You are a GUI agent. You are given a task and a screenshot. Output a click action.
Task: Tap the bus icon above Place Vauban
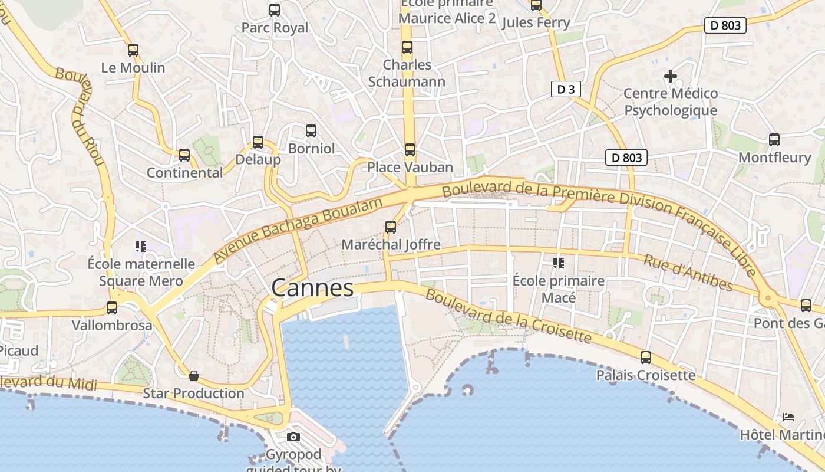[x=410, y=150]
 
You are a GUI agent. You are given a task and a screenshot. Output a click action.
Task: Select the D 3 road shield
[x=566, y=89]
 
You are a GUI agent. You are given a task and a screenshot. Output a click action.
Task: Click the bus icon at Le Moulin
[x=133, y=50]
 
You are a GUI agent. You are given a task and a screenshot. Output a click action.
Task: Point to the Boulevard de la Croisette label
[x=508, y=316]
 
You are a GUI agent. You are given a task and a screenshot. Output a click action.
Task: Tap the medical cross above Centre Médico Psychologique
[x=670, y=76]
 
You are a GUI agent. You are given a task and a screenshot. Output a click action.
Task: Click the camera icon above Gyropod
[x=293, y=437]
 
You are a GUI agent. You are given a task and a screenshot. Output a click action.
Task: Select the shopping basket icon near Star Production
[x=193, y=376]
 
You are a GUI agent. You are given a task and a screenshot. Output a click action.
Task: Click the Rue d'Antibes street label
[x=688, y=273]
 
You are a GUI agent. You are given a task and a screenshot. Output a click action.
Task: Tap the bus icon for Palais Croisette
[x=646, y=358]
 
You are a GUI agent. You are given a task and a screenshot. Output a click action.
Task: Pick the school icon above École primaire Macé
[x=558, y=263]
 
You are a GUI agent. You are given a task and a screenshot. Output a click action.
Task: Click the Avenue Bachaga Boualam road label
[x=299, y=231]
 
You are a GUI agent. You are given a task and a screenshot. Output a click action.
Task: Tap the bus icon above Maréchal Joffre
[x=390, y=227]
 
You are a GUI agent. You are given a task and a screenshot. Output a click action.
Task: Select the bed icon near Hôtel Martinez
[x=788, y=417]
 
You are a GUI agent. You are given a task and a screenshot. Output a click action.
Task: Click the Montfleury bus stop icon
[x=774, y=140]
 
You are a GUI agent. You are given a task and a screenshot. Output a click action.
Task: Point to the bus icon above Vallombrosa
[x=112, y=307]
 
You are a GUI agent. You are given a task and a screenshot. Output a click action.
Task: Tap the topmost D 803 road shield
[x=725, y=25]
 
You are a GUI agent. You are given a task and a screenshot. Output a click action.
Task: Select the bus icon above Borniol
[x=311, y=131]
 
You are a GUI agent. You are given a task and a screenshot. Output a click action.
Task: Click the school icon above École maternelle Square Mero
[x=140, y=246]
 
